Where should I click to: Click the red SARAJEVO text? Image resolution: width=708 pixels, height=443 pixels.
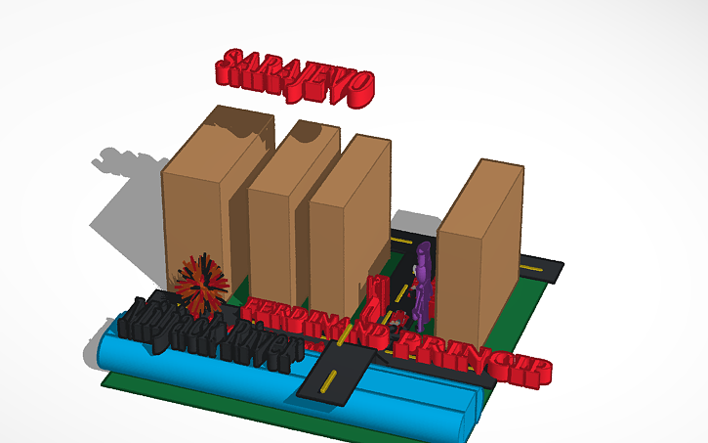pos(295,77)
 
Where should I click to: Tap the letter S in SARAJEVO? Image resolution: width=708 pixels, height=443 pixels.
pos(232,65)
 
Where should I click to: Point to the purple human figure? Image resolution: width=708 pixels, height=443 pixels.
pos(423,283)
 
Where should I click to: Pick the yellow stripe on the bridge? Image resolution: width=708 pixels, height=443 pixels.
pos(332,380)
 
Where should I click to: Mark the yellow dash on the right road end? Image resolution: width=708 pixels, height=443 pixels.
pos(537,267)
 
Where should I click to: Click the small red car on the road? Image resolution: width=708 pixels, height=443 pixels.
pos(398,318)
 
